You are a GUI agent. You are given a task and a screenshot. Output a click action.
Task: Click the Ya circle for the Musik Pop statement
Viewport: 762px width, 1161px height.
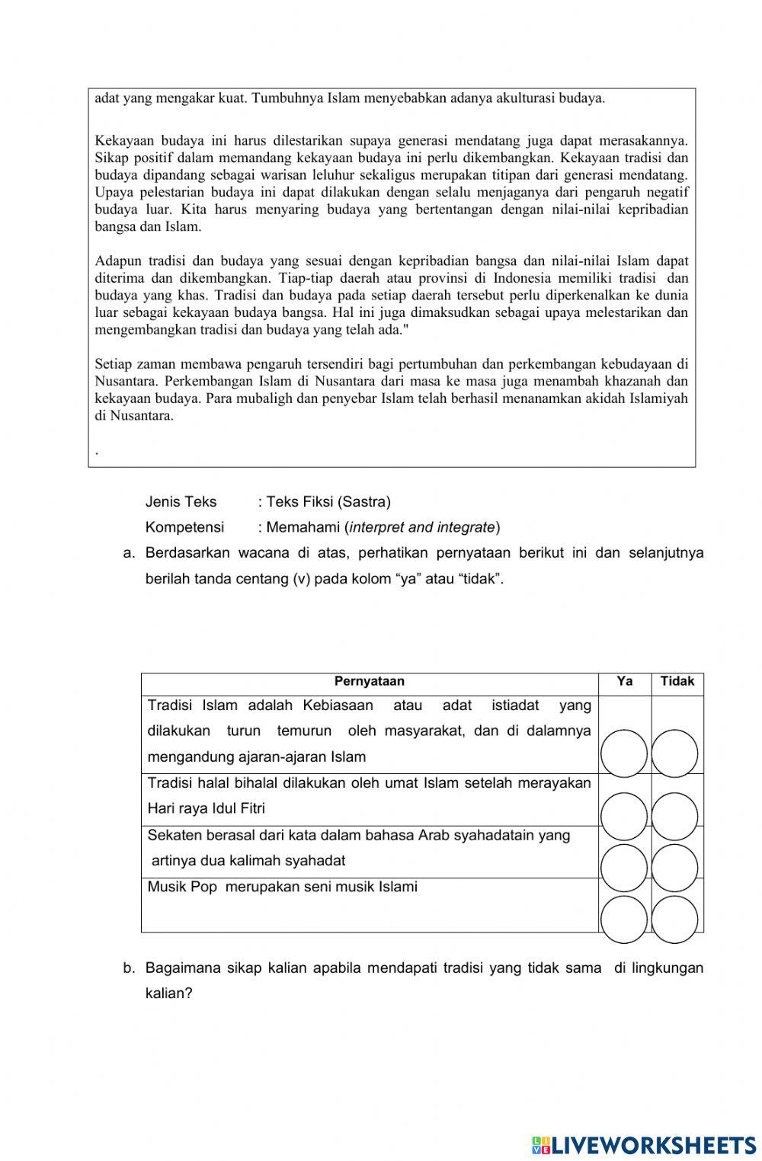coord(623,920)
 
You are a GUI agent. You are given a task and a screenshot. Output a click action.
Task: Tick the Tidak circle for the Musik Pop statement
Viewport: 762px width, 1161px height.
coord(675,920)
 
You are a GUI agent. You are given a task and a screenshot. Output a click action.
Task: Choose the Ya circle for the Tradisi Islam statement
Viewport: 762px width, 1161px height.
coord(623,753)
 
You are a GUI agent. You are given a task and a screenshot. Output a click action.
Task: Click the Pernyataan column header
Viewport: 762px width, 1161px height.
coord(370,681)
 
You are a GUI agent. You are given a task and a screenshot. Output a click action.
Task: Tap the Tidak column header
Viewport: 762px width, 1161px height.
coord(677,681)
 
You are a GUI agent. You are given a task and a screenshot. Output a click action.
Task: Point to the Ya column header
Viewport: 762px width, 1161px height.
coord(625,681)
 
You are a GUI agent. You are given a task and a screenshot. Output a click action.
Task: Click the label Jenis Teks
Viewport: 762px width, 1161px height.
coord(181,501)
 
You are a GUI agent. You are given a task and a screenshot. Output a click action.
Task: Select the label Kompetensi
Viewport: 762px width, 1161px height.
coord(184,527)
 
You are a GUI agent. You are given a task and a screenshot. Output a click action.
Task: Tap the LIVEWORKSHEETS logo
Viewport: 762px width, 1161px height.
coord(644,1144)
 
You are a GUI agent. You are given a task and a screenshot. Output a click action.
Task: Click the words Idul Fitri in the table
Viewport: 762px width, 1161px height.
coord(240,808)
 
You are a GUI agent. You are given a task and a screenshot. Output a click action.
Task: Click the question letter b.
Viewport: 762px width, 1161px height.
coord(129,968)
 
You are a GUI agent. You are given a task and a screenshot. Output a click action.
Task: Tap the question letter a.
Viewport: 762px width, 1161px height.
coord(129,552)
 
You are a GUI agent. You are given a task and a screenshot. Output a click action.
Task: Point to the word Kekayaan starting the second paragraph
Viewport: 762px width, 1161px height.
coord(123,140)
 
